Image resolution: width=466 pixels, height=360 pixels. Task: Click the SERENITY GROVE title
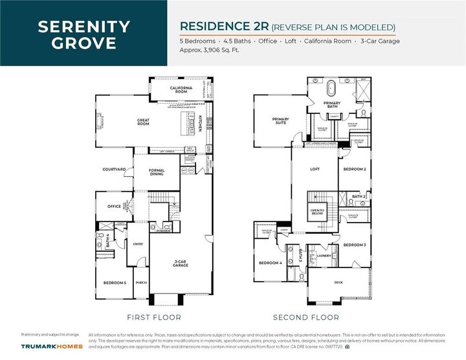tap(83, 35)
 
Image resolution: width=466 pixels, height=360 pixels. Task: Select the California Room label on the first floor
tap(178, 90)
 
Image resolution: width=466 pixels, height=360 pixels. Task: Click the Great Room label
tap(143, 121)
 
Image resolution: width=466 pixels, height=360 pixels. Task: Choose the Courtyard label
tap(114, 170)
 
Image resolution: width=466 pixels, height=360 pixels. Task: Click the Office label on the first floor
tap(115, 207)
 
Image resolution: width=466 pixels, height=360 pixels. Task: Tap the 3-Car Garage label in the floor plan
tap(181, 264)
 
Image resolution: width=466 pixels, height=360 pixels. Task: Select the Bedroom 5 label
tap(115, 283)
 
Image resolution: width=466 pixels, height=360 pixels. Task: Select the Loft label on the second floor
tap(315, 170)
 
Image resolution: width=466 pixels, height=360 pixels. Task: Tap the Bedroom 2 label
tap(355, 170)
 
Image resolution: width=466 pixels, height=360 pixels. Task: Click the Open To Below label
tap(317, 213)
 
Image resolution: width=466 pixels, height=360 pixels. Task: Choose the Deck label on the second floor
tap(338, 282)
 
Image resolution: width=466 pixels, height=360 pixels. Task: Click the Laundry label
tap(324, 256)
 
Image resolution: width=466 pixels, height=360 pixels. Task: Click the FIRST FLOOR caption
tap(154, 317)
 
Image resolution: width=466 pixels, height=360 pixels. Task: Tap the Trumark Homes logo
tap(52, 346)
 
